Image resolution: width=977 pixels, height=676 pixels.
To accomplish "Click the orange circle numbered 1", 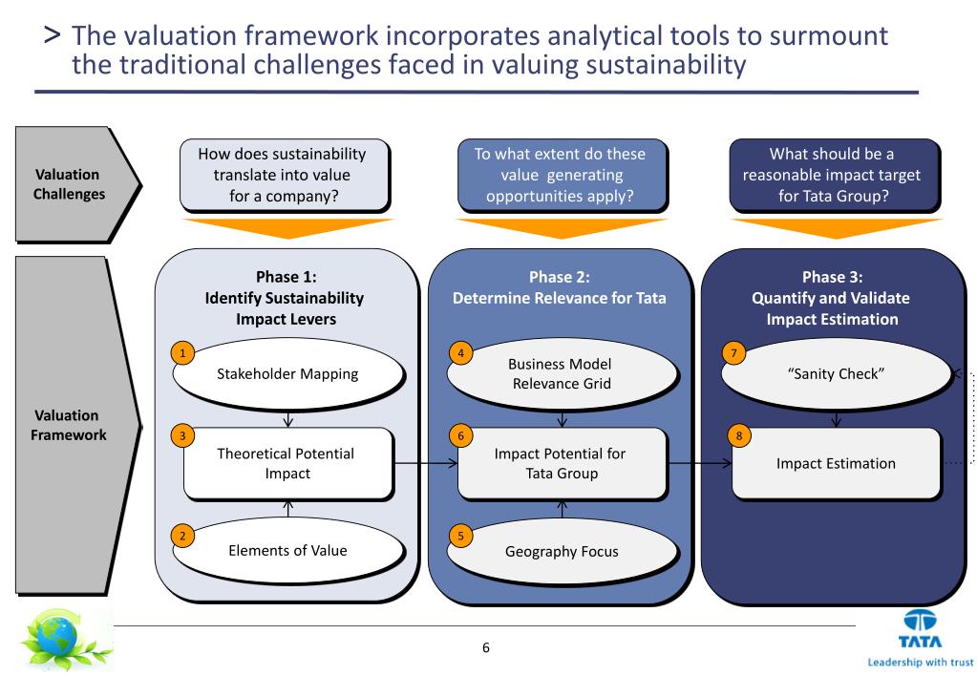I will point(181,352).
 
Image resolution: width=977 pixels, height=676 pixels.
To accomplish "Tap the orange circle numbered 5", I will point(460,536).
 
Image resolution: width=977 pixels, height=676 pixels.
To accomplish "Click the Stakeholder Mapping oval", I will point(287,373).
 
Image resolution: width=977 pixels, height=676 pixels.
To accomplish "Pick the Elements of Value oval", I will point(287,550).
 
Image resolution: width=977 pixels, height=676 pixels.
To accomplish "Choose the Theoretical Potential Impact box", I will point(287,463).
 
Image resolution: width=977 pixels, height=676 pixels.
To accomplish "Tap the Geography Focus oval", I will point(562,551).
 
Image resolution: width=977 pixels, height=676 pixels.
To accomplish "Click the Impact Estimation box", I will point(836,463).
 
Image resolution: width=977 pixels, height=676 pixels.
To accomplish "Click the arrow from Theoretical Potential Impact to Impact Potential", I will point(425,464).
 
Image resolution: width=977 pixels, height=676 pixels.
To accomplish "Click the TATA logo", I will point(919,630).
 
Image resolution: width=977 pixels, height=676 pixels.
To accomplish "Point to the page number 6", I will point(485,648).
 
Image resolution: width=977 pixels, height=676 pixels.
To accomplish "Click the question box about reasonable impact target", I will point(833,175).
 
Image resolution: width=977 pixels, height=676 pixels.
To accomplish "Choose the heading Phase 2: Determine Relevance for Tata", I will point(560,287).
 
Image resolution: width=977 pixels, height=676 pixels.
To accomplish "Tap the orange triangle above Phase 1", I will point(287,230).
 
